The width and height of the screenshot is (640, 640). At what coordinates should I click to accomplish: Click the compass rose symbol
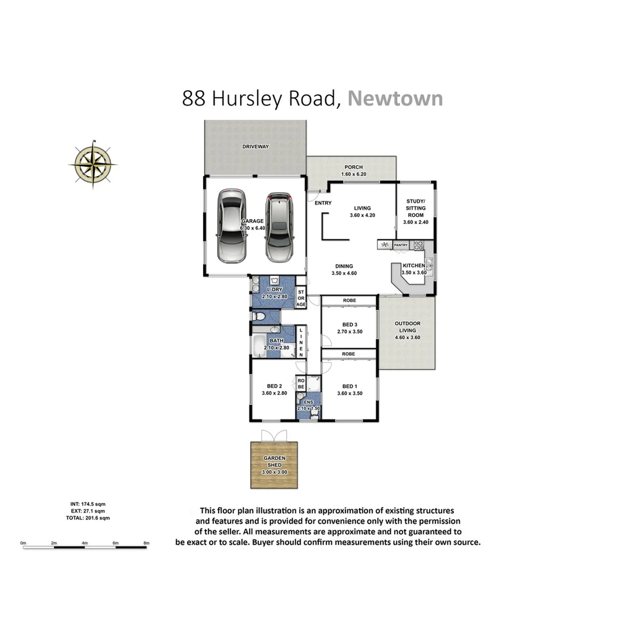point(92,164)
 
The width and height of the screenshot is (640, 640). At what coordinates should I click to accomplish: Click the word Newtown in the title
point(395,98)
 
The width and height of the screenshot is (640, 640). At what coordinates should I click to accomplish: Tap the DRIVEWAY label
point(255,146)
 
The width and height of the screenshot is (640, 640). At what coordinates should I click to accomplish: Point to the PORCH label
point(352,167)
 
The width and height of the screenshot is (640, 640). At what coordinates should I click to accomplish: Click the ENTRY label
point(323,203)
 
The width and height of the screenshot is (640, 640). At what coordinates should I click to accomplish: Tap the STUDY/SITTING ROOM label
point(415,208)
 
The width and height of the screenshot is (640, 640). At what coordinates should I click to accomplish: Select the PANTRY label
point(401,245)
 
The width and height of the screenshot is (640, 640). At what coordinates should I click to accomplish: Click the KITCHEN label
point(414,265)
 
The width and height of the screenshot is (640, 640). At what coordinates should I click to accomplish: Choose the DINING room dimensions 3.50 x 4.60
point(344,273)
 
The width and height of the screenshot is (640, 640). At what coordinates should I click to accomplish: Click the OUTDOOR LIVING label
point(407,327)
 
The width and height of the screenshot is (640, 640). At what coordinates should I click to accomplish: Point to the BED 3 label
point(350,324)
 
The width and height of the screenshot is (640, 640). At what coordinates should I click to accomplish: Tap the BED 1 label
point(350,386)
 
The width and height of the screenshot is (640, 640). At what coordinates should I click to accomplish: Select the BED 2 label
point(274,386)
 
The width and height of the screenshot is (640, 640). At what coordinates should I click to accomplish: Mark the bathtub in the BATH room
point(259,345)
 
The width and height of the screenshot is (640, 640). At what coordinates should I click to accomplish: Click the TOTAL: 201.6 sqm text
point(88,518)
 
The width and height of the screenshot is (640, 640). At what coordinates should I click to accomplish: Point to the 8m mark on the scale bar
point(146,543)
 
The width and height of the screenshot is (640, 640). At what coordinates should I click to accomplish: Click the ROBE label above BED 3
point(349,301)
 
